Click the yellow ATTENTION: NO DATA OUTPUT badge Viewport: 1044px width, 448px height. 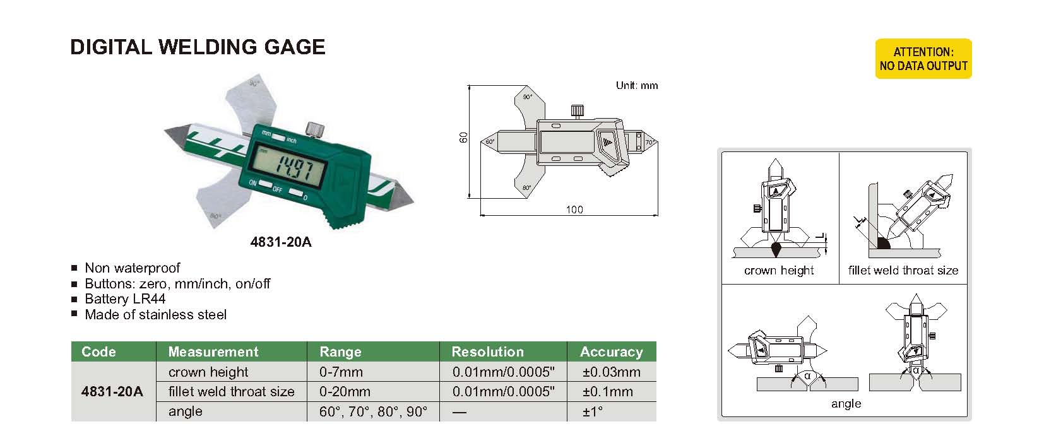pyautogui.click(x=923, y=59)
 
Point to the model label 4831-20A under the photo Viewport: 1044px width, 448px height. pyautogui.click(x=281, y=242)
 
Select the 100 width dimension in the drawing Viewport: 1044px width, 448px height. pyautogui.click(x=574, y=209)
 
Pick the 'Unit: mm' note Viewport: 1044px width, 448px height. pyautogui.click(x=636, y=85)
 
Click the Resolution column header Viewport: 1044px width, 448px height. pyautogui.click(x=487, y=351)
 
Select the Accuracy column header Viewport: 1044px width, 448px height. pyautogui.click(x=611, y=351)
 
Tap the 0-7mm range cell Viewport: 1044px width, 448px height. pyautogui.click(x=341, y=372)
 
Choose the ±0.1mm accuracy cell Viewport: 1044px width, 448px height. pyautogui.click(x=607, y=391)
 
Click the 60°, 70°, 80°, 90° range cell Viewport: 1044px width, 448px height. pyautogui.click(x=373, y=411)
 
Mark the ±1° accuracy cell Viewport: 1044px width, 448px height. pyautogui.click(x=593, y=411)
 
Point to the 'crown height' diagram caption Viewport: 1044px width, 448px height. pyautogui.click(x=779, y=270)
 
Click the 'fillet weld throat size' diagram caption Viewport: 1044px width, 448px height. pyautogui.click(x=903, y=270)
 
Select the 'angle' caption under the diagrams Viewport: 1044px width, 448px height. pyautogui.click(x=846, y=404)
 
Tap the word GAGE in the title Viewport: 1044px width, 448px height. pyautogui.click(x=294, y=47)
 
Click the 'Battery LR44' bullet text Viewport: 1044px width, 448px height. pyautogui.click(x=125, y=299)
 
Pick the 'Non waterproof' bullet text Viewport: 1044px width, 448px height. pyautogui.click(x=133, y=268)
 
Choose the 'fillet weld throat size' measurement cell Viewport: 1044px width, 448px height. pyautogui.click(x=231, y=391)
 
